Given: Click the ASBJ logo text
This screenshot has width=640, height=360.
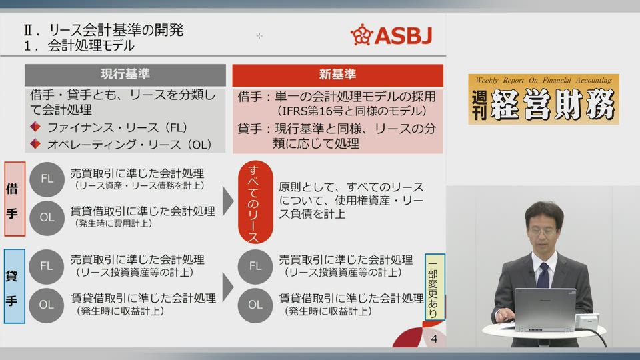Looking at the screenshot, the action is click(x=403, y=35).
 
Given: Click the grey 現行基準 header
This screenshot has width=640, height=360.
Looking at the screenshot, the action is click(x=125, y=75).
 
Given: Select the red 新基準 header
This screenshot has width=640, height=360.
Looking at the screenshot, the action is click(x=337, y=75).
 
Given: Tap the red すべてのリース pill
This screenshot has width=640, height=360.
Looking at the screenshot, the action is click(x=255, y=203).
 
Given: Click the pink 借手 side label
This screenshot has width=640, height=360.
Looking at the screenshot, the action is click(x=15, y=199).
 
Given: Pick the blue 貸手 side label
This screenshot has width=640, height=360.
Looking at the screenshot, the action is click(x=14, y=286).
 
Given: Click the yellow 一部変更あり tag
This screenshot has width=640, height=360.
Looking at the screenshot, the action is click(x=434, y=287).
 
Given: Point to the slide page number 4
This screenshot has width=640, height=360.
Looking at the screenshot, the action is click(x=434, y=339).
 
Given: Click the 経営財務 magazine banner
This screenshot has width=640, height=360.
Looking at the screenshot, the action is click(x=543, y=99).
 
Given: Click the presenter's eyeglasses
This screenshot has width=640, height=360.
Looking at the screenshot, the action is click(x=543, y=231).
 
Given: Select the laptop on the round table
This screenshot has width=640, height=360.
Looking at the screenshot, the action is click(x=545, y=310).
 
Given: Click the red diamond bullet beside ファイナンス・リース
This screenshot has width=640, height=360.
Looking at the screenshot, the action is click(x=35, y=127).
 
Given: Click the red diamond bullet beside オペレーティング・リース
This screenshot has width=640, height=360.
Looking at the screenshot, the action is click(x=35, y=144).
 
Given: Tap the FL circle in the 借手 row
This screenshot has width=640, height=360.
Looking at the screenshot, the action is click(x=47, y=179).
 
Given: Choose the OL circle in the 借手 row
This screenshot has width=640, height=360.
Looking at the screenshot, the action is click(x=47, y=217).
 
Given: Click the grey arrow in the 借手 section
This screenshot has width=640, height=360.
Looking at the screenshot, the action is click(x=228, y=201).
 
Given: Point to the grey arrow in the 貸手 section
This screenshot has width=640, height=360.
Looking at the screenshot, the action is click(x=228, y=287).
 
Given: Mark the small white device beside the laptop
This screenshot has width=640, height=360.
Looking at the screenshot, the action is click(x=587, y=321).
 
